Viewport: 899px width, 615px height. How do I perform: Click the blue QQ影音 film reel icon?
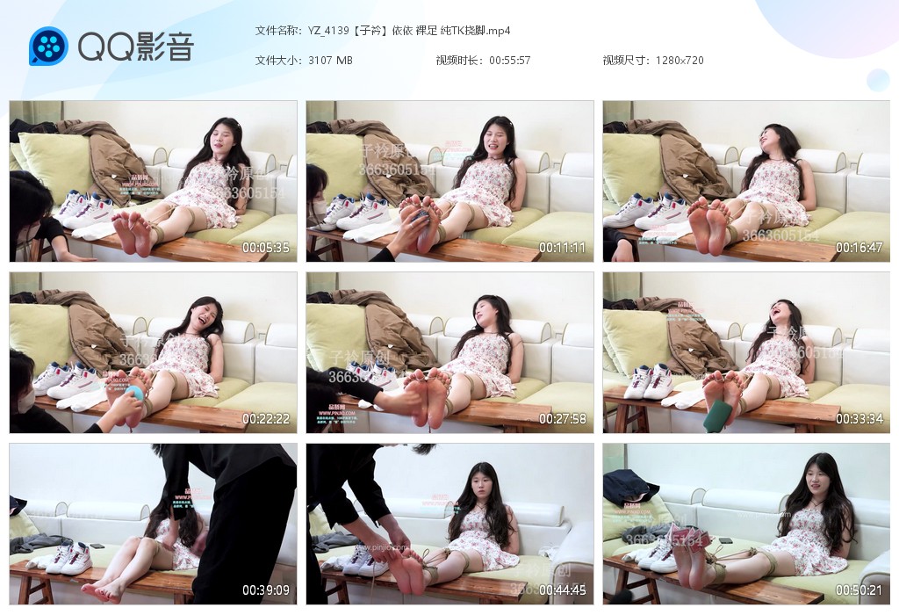[48, 47]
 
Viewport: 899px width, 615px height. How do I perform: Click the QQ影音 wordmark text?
[136, 47]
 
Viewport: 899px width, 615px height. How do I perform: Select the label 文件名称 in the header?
[277, 31]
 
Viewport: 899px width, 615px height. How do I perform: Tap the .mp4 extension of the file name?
[499, 31]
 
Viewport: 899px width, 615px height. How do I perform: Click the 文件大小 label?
[277, 61]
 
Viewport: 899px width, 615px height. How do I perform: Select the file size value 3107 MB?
[330, 61]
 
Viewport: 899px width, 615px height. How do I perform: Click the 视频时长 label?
[458, 61]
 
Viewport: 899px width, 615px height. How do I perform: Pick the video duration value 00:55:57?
[509, 61]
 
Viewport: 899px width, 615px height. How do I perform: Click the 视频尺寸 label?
[625, 61]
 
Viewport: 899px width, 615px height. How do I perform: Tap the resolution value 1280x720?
[680, 61]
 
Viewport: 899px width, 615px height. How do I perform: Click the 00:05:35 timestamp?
[265, 248]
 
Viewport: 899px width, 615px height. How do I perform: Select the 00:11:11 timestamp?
[562, 248]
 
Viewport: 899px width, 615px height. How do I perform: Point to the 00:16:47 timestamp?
[859, 248]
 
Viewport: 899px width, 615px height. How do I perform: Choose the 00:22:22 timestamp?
[265, 419]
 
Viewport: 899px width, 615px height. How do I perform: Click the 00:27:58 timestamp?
[562, 419]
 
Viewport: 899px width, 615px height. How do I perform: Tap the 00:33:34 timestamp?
[859, 419]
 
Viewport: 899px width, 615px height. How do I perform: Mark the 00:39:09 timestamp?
[265, 590]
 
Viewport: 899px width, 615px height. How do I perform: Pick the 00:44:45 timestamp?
[562, 590]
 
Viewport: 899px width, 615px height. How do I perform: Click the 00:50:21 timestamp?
[859, 590]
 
